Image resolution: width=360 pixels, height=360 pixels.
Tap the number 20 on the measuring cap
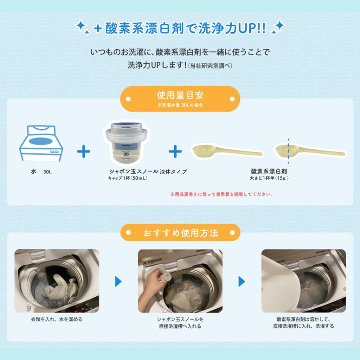coord(126,154)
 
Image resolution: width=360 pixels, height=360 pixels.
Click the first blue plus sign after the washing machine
coord(84,152)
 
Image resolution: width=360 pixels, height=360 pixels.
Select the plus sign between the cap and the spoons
coord(175,152)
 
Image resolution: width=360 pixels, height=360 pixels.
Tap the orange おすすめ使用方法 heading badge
coord(180,233)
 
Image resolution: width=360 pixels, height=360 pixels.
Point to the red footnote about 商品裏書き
coord(221,194)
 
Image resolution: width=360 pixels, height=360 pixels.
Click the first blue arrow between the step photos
coord(118,281)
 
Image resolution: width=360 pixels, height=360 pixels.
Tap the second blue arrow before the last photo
coord(242,281)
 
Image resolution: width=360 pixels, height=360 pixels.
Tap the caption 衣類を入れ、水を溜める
coord(57,320)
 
